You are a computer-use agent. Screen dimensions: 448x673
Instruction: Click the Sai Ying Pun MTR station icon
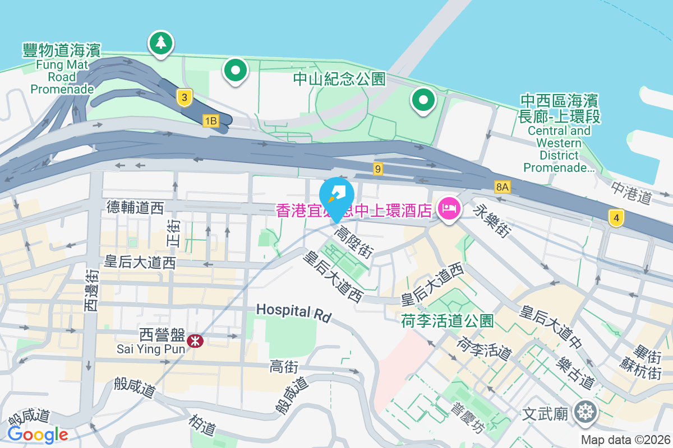click(195, 340)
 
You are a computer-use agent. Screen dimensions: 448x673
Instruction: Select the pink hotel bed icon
click(449, 209)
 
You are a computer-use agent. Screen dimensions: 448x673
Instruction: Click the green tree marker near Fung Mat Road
click(161, 43)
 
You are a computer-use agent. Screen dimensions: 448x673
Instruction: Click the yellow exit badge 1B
click(210, 121)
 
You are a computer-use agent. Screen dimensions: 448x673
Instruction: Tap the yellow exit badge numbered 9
click(379, 168)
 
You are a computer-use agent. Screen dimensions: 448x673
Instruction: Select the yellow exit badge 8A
click(503, 187)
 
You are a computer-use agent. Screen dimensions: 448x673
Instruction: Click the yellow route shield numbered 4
click(616, 217)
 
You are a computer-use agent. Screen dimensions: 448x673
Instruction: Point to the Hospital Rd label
click(293, 311)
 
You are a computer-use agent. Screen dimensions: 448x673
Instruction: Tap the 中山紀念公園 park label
click(340, 79)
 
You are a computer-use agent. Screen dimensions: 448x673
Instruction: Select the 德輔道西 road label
click(135, 208)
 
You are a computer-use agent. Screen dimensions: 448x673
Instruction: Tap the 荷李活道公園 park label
click(448, 321)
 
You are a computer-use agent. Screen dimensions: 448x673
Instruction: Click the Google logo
click(38, 434)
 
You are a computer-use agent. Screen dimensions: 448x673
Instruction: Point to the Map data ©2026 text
click(625, 440)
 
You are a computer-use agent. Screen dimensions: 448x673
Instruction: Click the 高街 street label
click(284, 366)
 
